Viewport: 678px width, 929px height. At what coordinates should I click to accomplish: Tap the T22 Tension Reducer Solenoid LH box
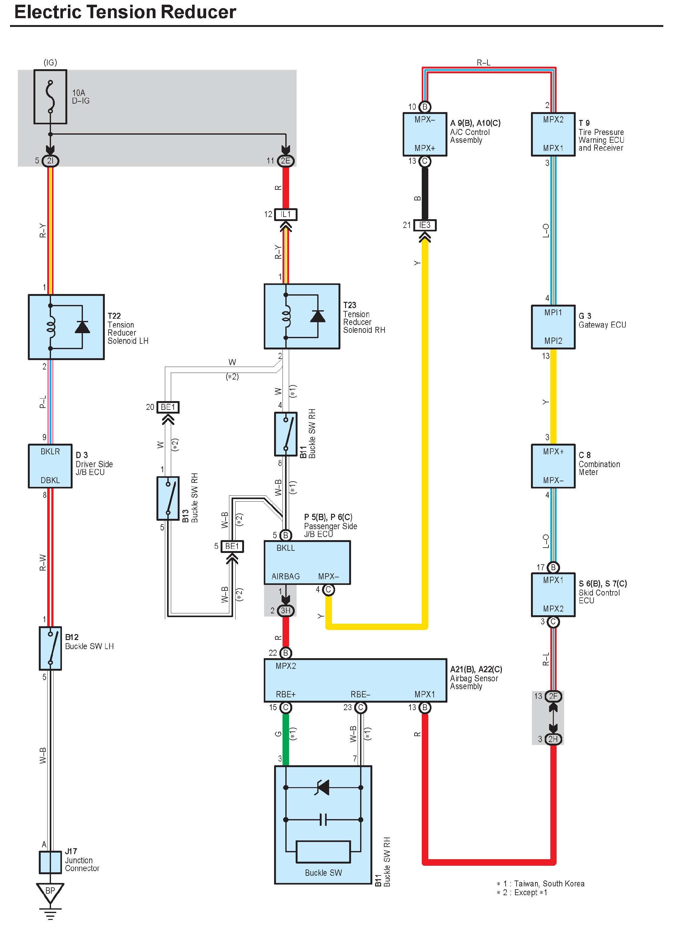pos(66,327)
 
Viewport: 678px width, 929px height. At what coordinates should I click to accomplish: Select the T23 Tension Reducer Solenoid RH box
pos(302,316)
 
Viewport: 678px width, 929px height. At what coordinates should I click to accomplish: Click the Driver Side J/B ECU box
pos(50,466)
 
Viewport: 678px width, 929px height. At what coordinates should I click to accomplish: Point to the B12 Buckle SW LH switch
pos(50,648)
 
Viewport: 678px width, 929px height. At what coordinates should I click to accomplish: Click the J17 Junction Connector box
pos(50,862)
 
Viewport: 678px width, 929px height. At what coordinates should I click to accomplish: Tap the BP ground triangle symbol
pos(50,891)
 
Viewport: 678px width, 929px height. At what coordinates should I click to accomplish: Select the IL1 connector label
pos(286,214)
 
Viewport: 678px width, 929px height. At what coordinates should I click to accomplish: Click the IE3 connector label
pos(425,225)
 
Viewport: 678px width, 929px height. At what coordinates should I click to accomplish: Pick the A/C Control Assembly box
pos(425,134)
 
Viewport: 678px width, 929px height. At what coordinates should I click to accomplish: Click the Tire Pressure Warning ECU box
pos(553,134)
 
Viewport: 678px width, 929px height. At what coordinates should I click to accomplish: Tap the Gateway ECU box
pos(553,327)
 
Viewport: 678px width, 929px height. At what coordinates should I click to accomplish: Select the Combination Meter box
pos(553,466)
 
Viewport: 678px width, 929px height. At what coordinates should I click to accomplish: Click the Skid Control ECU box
pos(553,594)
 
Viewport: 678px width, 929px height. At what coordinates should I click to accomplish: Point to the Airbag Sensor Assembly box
pos(355,680)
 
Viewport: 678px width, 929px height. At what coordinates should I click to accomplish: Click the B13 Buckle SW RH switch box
pos(168,498)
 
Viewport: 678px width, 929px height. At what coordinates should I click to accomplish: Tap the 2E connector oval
pos(286,161)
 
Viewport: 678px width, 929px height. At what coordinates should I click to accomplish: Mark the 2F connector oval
pos(553,696)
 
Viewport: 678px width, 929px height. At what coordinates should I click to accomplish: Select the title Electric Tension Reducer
pos(125,12)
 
